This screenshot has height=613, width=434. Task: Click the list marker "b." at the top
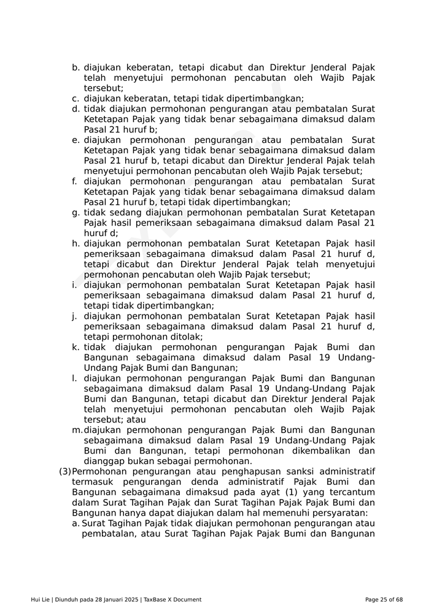pyautogui.click(x=76, y=67)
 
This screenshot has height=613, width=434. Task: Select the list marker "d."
pyautogui.click(x=76, y=109)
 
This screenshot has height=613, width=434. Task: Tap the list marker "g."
pyautogui.click(x=76, y=213)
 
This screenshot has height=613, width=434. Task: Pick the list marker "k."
pyautogui.click(x=76, y=348)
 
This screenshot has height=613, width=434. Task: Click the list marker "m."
pyautogui.click(x=77, y=430)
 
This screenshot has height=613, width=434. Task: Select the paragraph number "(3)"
pyautogui.click(x=65, y=471)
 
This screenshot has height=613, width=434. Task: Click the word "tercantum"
pyautogui.click(x=352, y=492)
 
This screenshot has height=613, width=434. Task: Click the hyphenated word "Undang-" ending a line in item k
pyautogui.click(x=357, y=357)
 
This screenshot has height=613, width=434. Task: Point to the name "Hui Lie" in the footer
pyautogui.click(x=41, y=600)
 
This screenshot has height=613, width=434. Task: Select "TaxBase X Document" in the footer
pyautogui.click(x=172, y=600)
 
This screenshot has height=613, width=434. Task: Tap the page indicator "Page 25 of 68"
pyautogui.click(x=384, y=600)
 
